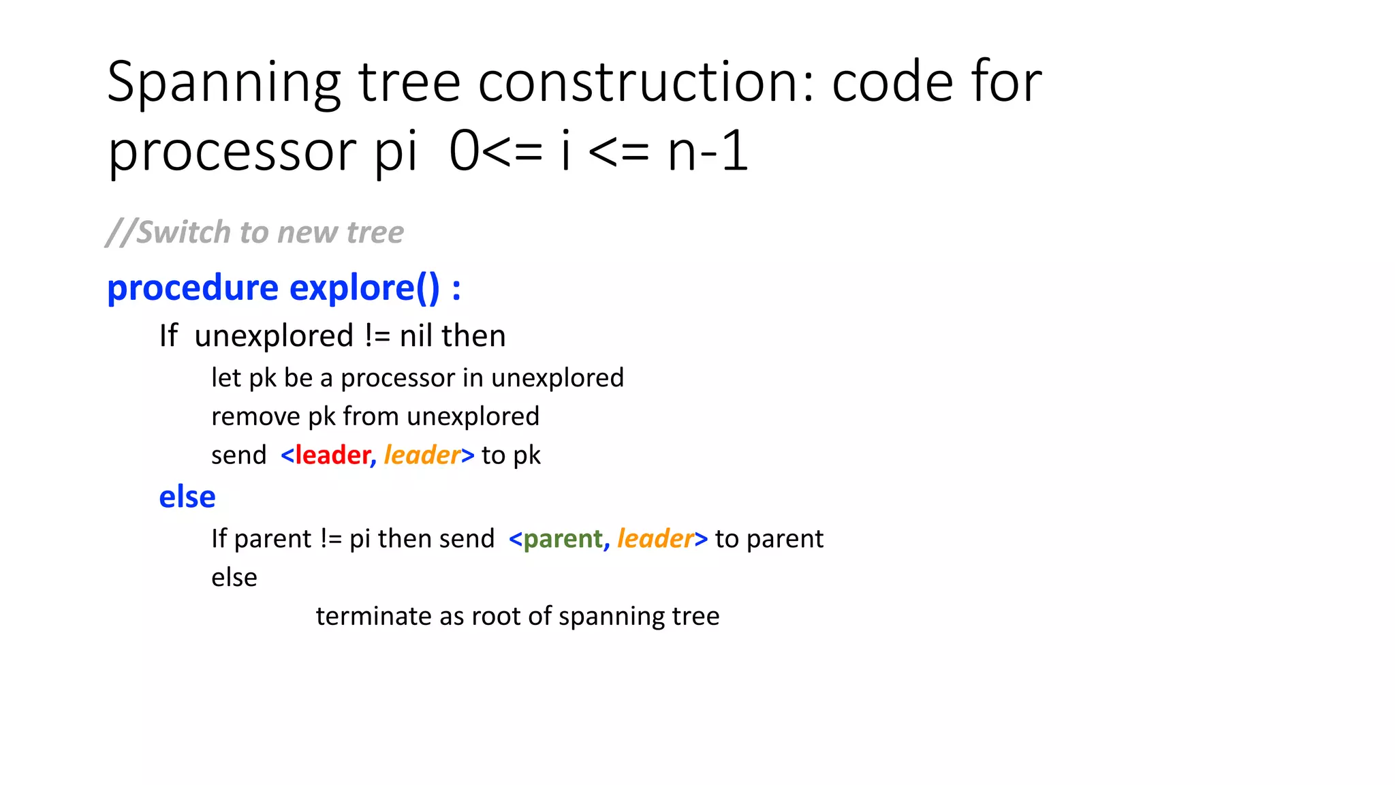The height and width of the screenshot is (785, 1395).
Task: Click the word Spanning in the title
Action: click(224, 83)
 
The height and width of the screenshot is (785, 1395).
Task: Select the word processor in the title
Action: click(232, 152)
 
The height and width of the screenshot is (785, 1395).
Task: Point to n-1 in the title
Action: click(708, 152)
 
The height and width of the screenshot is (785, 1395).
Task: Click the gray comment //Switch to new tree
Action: click(255, 232)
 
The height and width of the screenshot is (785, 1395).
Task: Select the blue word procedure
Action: click(193, 288)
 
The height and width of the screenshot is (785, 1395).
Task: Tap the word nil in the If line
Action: click(416, 336)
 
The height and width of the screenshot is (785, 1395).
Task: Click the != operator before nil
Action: click(377, 336)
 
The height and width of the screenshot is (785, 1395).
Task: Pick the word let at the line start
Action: click(226, 378)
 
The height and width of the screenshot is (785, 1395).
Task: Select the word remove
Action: click(254, 416)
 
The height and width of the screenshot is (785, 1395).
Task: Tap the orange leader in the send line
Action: click(422, 455)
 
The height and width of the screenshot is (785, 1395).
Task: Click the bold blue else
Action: click(187, 497)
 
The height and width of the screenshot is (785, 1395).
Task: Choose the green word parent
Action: click(563, 539)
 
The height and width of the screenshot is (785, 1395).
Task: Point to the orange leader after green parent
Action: click(655, 539)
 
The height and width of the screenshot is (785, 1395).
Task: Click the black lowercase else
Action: click(234, 578)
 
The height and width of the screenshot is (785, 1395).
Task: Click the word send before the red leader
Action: click(238, 455)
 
